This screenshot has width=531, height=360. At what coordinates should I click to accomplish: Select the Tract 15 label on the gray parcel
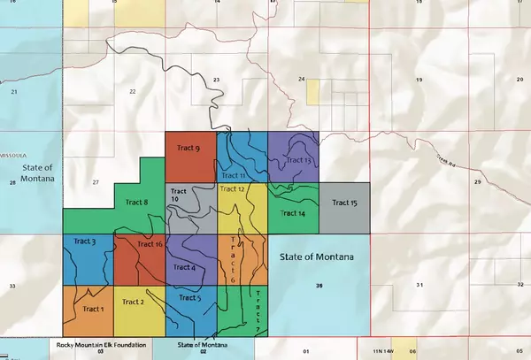click(344, 203)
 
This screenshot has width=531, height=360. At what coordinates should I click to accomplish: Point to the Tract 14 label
click(292, 213)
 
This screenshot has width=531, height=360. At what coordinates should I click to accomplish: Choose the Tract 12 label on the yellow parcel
click(231, 189)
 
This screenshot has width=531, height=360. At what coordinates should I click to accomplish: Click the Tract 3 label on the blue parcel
click(86, 241)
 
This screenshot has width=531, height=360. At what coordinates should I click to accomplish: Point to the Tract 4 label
click(183, 267)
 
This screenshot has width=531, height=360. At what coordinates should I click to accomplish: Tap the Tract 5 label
click(190, 297)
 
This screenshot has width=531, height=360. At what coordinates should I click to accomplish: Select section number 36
click(317, 285)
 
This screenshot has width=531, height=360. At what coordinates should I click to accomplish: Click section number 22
click(133, 91)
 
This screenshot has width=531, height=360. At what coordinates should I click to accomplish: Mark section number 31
click(419, 285)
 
